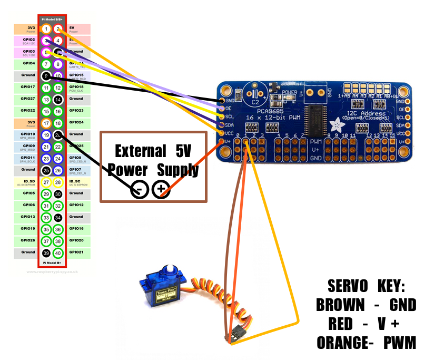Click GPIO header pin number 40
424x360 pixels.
pyautogui.click(x=58, y=253)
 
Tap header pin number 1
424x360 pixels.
pyautogui.click(x=46, y=28)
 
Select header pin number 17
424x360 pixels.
pyautogui.click(x=46, y=123)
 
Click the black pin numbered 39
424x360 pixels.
pyautogui.click(x=46, y=253)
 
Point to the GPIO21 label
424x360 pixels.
pyautogui.click(x=76, y=252)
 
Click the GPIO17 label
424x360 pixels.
pyautogui.click(x=28, y=87)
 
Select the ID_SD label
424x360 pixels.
pyautogui.click(x=28, y=181)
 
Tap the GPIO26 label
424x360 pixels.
pyautogui.click(x=28, y=240)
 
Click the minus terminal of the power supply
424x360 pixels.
pyautogui.click(x=139, y=190)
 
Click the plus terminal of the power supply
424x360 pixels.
pyautogui.click(x=160, y=190)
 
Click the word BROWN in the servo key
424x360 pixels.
pyautogui.click(x=340, y=305)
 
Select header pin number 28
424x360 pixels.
pyautogui.click(x=58, y=182)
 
